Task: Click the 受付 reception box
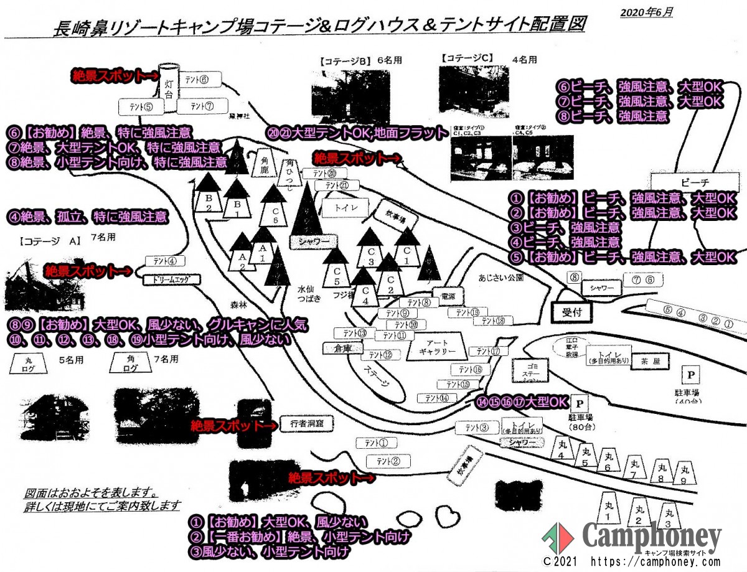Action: [x=572, y=312]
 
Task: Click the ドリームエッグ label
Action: [x=166, y=279]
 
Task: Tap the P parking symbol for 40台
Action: [x=690, y=375]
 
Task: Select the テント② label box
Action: [x=388, y=461]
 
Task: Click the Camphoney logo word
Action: [x=651, y=537]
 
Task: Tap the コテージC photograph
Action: [x=474, y=90]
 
